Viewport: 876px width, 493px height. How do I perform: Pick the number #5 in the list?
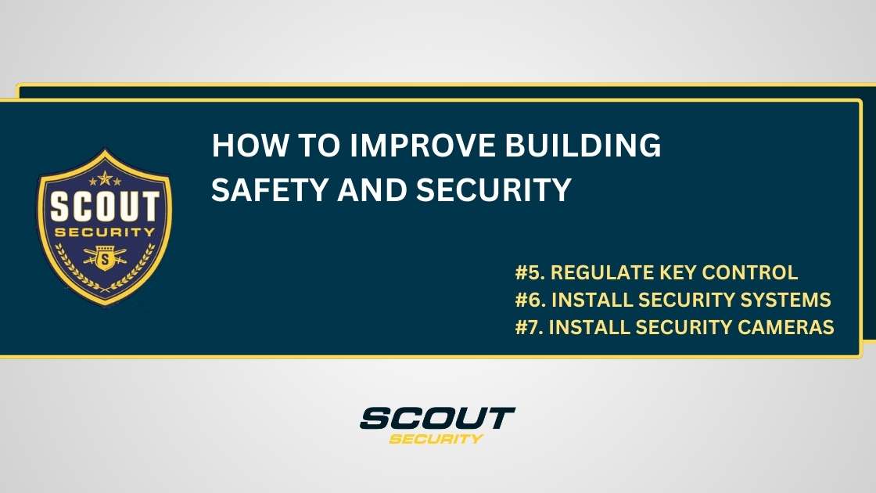pos(530,273)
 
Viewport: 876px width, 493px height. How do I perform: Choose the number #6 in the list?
pos(530,300)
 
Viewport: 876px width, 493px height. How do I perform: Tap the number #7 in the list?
pos(530,327)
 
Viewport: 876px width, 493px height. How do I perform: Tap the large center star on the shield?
pos(104,179)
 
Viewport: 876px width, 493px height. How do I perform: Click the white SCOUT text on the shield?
pos(104,208)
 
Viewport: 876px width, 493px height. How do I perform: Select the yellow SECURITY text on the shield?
pos(104,232)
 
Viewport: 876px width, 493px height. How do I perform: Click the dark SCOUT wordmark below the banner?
pos(437,418)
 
